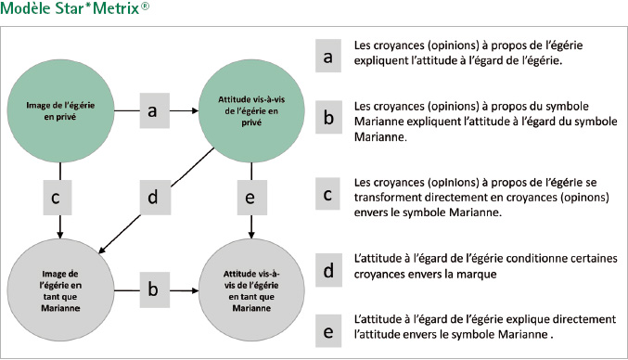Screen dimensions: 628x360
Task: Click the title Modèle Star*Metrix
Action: [74, 8]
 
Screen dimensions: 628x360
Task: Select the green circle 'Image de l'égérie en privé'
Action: [60, 111]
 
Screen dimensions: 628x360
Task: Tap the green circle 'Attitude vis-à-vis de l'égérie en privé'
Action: [251, 111]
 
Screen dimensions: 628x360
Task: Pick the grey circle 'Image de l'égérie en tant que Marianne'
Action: [60, 290]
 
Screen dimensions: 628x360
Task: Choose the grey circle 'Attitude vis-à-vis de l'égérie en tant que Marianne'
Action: [251, 290]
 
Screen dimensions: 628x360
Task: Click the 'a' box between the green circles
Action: [155, 110]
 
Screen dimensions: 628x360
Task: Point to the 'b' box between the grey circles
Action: [155, 289]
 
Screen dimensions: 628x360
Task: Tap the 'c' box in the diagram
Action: [58, 198]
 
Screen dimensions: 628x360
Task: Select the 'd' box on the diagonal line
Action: [155, 198]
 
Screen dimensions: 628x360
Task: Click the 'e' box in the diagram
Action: [252, 198]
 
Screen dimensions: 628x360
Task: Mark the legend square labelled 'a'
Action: [328, 56]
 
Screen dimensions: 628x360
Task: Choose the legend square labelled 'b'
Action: [328, 117]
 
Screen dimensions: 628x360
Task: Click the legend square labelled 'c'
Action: [327, 194]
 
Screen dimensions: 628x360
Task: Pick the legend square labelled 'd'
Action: [328, 270]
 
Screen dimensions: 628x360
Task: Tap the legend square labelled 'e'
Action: [328, 330]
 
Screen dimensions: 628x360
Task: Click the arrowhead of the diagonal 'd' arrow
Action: [101, 251]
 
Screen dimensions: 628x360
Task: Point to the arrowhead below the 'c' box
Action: [60, 235]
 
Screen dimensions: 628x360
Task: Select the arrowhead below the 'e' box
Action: [251, 235]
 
